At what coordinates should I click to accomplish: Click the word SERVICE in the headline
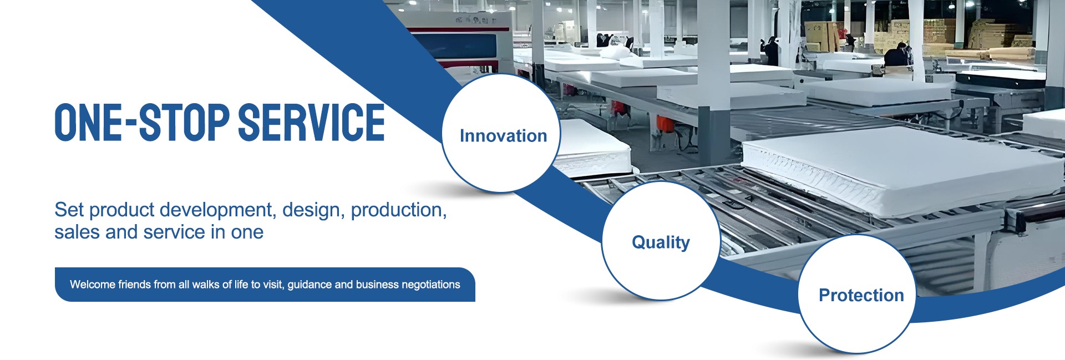click(311, 122)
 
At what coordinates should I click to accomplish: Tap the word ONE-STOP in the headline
click(142, 122)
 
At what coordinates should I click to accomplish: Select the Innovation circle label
click(503, 136)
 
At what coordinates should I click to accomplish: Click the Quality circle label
click(661, 242)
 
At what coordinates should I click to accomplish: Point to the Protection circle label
click(861, 295)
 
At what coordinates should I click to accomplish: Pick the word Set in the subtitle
click(69, 210)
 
